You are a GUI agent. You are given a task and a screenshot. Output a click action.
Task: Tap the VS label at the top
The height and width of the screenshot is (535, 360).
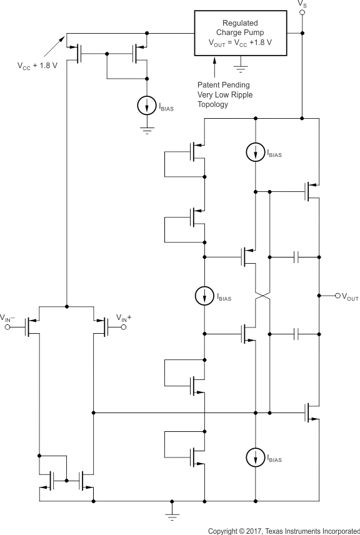303,4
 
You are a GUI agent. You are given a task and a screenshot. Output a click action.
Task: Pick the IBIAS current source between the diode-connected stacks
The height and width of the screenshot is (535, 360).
205,297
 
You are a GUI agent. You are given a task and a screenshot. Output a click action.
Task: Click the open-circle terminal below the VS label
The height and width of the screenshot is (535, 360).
302,13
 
